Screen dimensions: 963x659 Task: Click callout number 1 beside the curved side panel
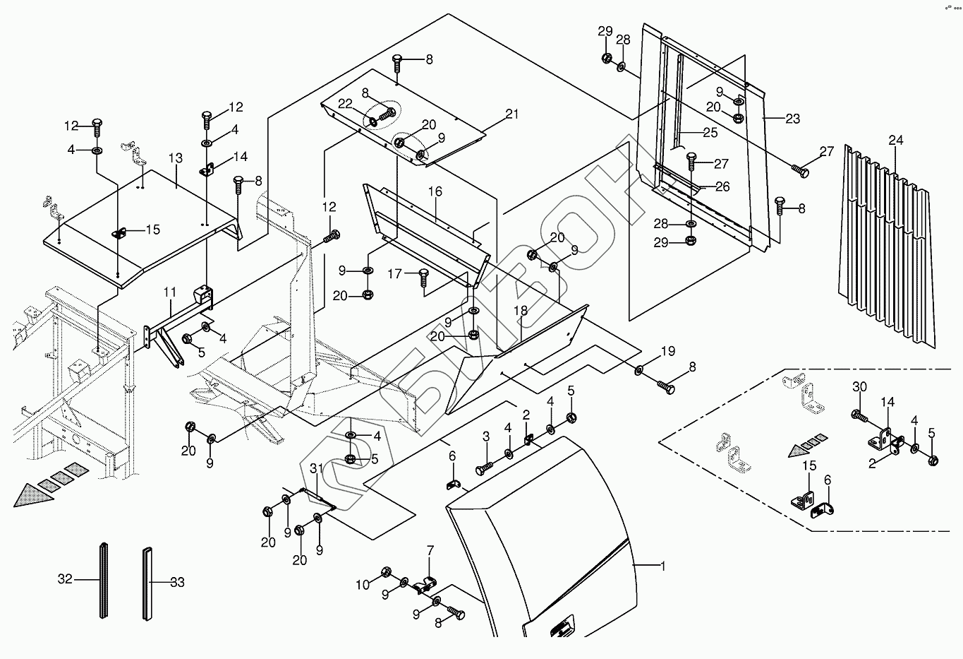(663, 566)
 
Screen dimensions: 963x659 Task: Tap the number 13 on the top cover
(176, 158)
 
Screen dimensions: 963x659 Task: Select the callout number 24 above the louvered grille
(896, 140)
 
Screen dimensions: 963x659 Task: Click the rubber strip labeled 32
(103, 580)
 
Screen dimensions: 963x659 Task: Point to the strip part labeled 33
(147, 583)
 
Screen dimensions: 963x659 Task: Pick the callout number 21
(512, 114)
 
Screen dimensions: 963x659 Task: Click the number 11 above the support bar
(170, 292)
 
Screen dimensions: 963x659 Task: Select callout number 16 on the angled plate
(435, 191)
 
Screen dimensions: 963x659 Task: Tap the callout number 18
(520, 310)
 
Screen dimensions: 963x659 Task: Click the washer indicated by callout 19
(639, 369)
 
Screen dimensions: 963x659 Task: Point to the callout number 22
(345, 104)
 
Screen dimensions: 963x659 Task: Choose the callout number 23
(793, 119)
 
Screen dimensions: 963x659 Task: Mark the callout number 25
(710, 133)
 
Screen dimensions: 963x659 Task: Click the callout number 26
(722, 186)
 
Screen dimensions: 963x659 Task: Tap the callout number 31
(316, 468)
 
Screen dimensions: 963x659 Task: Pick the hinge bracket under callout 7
(425, 586)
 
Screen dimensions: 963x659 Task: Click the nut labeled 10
(386, 572)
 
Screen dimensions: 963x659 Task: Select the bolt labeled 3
(483, 468)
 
